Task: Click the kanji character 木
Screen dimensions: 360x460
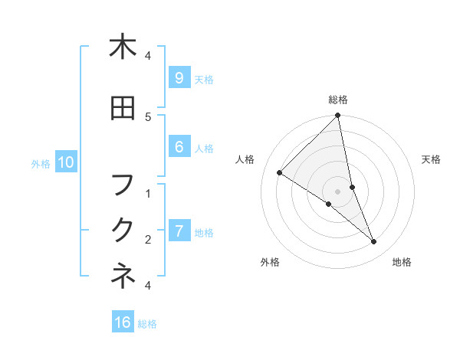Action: pos(123,47)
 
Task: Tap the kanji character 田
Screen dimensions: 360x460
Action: pos(123,108)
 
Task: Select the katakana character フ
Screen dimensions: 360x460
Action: pos(123,185)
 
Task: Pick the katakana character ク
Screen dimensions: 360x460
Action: pos(123,230)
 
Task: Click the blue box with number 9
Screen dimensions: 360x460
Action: pos(179,78)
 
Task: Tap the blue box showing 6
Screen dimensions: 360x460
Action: pos(179,147)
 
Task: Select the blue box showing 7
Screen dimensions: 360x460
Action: pos(179,231)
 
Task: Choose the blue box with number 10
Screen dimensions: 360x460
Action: pos(66,162)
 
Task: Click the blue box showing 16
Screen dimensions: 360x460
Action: pos(123,322)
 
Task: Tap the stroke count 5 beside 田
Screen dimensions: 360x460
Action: pos(148,116)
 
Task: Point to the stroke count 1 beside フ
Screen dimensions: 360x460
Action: pos(148,193)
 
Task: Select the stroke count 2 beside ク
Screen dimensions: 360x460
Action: pos(148,239)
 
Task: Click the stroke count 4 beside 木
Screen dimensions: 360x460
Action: pos(148,55)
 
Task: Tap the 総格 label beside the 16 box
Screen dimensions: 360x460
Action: pos(147,324)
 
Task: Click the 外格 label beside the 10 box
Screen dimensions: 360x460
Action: pos(41,163)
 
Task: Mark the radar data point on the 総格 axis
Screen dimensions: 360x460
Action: pos(337,116)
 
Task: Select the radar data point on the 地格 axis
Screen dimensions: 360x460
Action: pos(374,242)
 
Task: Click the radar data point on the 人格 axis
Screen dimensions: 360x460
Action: pos(279,173)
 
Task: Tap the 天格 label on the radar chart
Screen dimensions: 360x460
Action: pos(432,159)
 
